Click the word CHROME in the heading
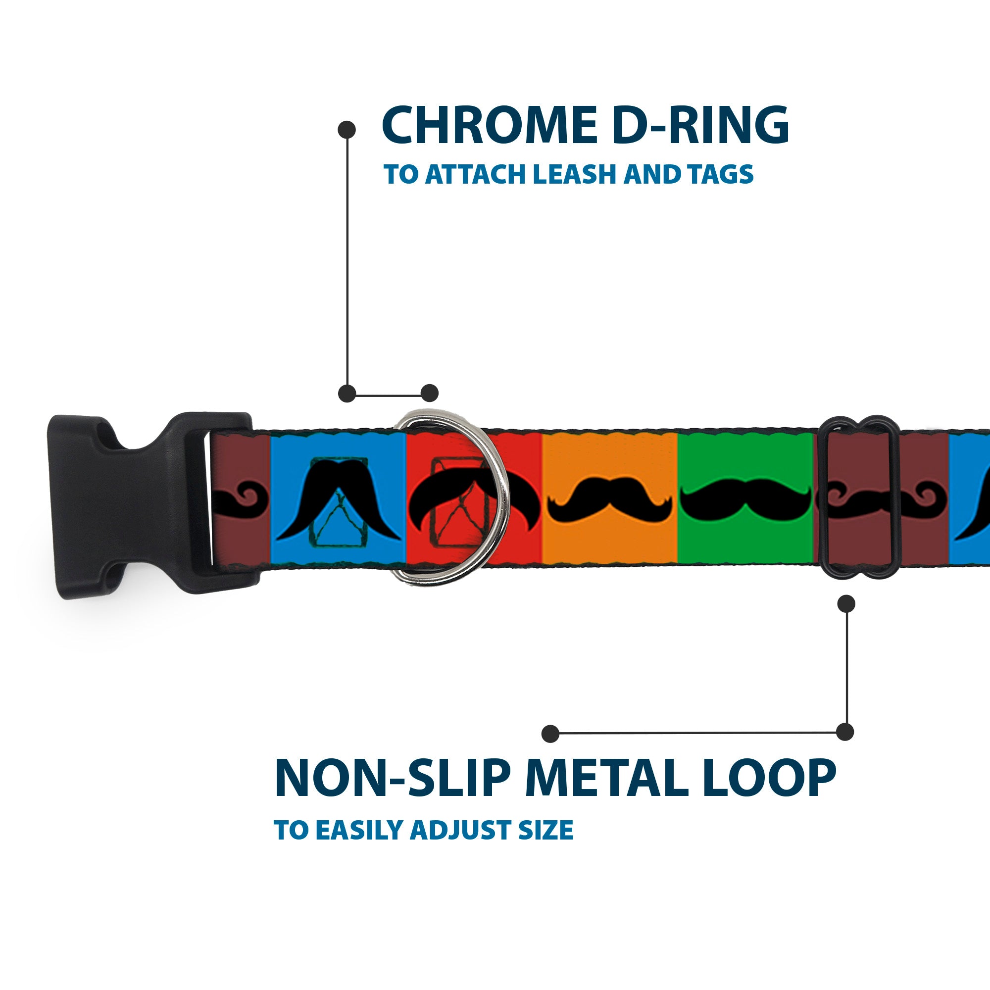click(489, 126)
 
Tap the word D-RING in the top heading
click(700, 126)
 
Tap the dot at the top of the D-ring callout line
click(347, 130)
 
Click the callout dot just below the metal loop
click(846, 603)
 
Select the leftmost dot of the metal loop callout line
click(550, 734)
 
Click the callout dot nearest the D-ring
click(429, 394)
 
